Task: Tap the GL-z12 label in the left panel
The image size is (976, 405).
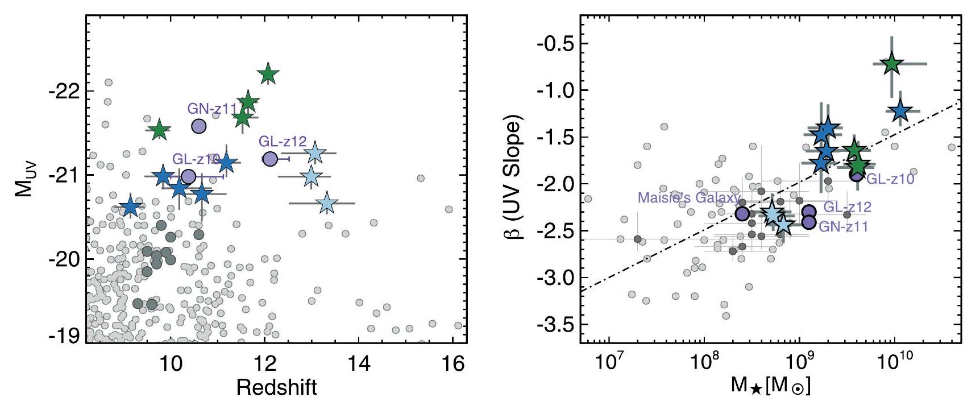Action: (283, 142)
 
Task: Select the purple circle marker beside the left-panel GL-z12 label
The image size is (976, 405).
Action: (270, 159)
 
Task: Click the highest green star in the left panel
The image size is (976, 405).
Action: (269, 74)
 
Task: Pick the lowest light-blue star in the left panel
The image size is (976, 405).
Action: (326, 203)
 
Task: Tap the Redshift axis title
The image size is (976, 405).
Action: (276, 387)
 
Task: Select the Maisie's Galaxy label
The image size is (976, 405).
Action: (689, 197)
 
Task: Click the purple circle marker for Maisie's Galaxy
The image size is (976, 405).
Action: (742, 213)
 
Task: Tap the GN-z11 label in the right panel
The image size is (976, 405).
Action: (843, 226)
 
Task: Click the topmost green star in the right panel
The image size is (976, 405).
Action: (891, 64)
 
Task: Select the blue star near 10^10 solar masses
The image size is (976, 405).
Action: (900, 111)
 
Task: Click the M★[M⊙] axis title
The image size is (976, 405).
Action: (771, 387)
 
